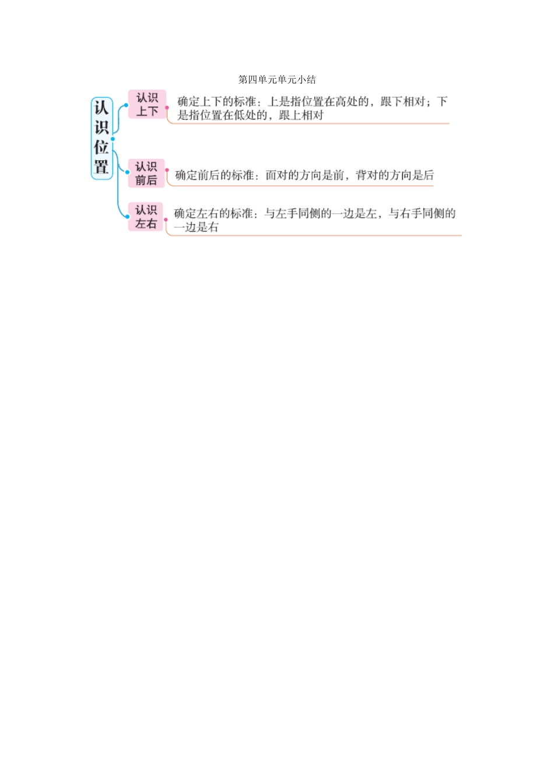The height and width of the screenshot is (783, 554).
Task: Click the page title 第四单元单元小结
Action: click(x=277, y=80)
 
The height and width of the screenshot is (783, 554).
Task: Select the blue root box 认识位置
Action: click(x=102, y=139)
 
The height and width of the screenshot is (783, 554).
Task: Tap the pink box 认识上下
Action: click(x=147, y=104)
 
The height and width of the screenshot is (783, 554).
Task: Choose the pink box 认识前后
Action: click(x=146, y=173)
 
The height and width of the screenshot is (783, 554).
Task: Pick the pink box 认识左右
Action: click(x=146, y=216)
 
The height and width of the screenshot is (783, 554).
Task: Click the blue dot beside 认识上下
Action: click(x=126, y=105)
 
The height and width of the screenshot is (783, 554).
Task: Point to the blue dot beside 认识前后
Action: click(x=127, y=172)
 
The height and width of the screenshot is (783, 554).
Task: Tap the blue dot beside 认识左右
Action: click(x=127, y=217)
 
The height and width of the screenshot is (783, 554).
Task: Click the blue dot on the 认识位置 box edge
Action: click(x=113, y=139)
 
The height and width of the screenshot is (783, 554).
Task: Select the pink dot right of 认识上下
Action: click(x=167, y=107)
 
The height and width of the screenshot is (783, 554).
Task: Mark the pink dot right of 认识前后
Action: click(x=167, y=170)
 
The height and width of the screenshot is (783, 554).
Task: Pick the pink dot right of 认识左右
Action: click(x=166, y=220)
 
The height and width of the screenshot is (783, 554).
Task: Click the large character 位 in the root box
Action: click(x=101, y=147)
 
